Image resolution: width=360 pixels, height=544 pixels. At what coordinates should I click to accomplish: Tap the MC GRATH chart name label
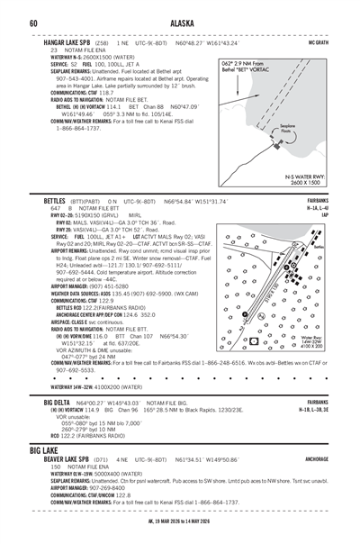317,42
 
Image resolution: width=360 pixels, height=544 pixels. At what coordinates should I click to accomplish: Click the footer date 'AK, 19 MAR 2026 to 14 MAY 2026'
179,530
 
